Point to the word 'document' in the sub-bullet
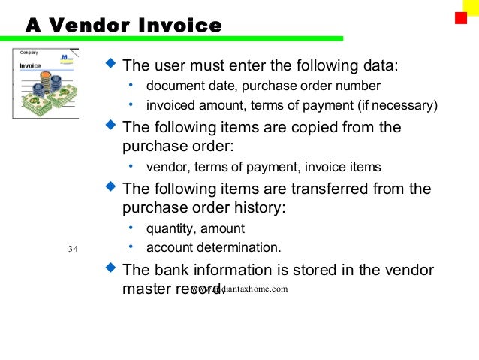(x=173, y=85)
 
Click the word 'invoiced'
(x=171, y=104)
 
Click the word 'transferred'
(x=316, y=188)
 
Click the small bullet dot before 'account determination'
(x=131, y=247)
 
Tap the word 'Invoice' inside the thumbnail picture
(x=30, y=65)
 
